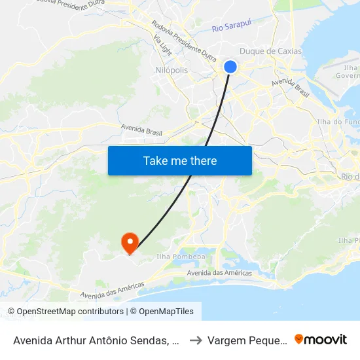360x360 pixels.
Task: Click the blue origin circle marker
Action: pyautogui.click(x=230, y=66)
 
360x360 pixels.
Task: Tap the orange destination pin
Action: pyautogui.click(x=130, y=243)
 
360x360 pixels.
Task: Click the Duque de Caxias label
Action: pyautogui.click(x=270, y=51)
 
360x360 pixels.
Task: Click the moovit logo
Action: pyautogui.click(x=321, y=339)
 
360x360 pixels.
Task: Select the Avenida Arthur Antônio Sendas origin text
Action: pyautogui.click(x=96, y=340)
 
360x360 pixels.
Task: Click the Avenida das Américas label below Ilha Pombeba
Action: pyautogui.click(x=219, y=273)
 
